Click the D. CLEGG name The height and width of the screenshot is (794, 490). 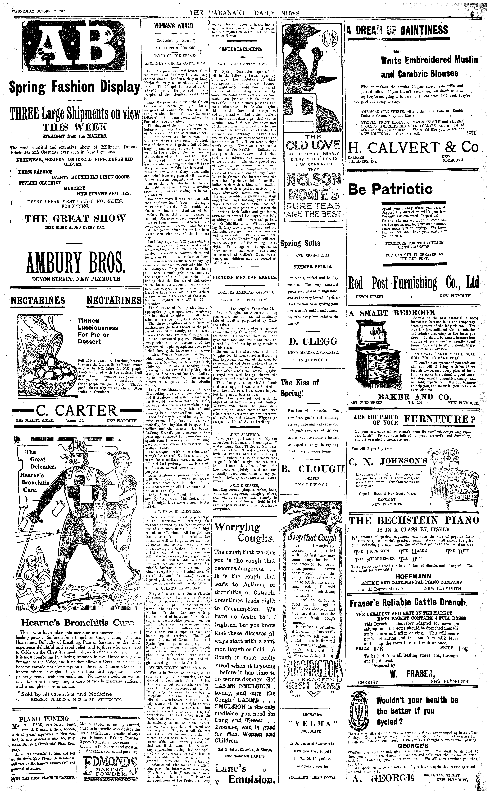pos(313,341)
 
